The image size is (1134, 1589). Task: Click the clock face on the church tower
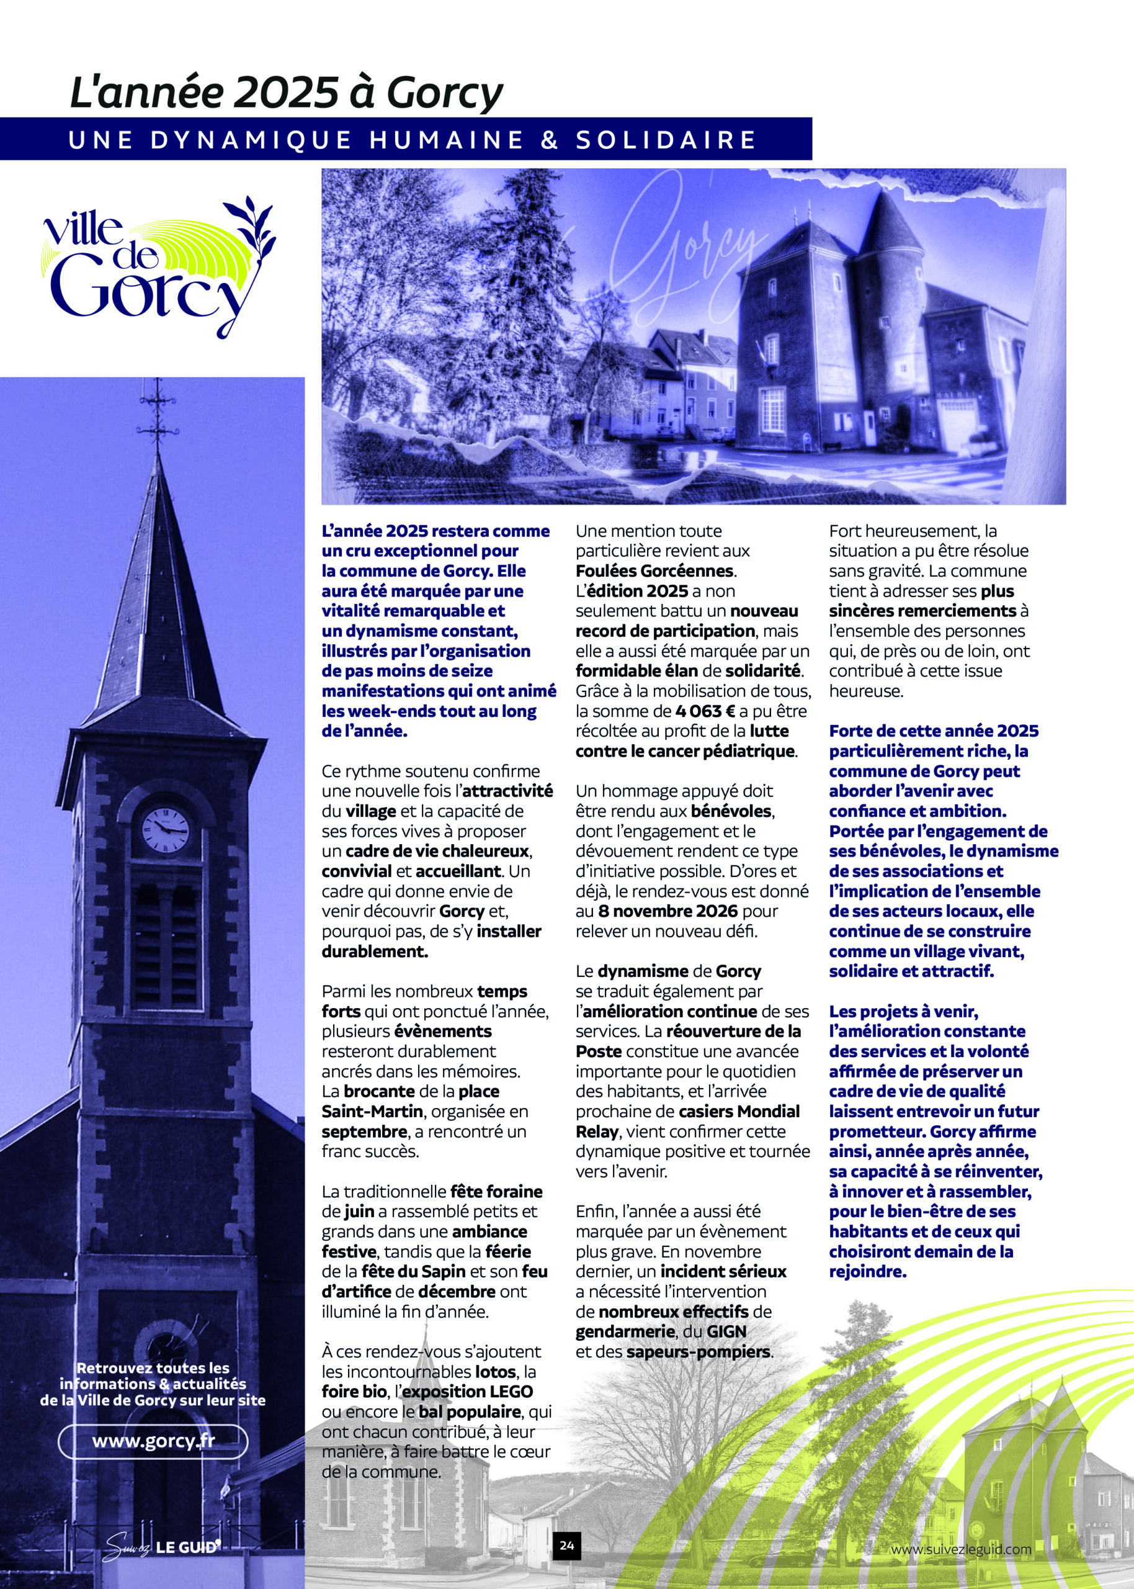pyautogui.click(x=166, y=830)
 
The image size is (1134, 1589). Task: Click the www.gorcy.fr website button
pyautogui.click(x=153, y=1439)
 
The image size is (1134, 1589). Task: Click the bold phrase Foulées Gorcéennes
pyautogui.click(x=655, y=570)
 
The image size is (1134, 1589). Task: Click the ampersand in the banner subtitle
pyautogui.click(x=550, y=140)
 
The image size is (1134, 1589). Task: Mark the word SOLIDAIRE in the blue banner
pyautogui.click(x=666, y=140)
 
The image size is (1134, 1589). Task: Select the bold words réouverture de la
pyautogui.click(x=733, y=1032)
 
